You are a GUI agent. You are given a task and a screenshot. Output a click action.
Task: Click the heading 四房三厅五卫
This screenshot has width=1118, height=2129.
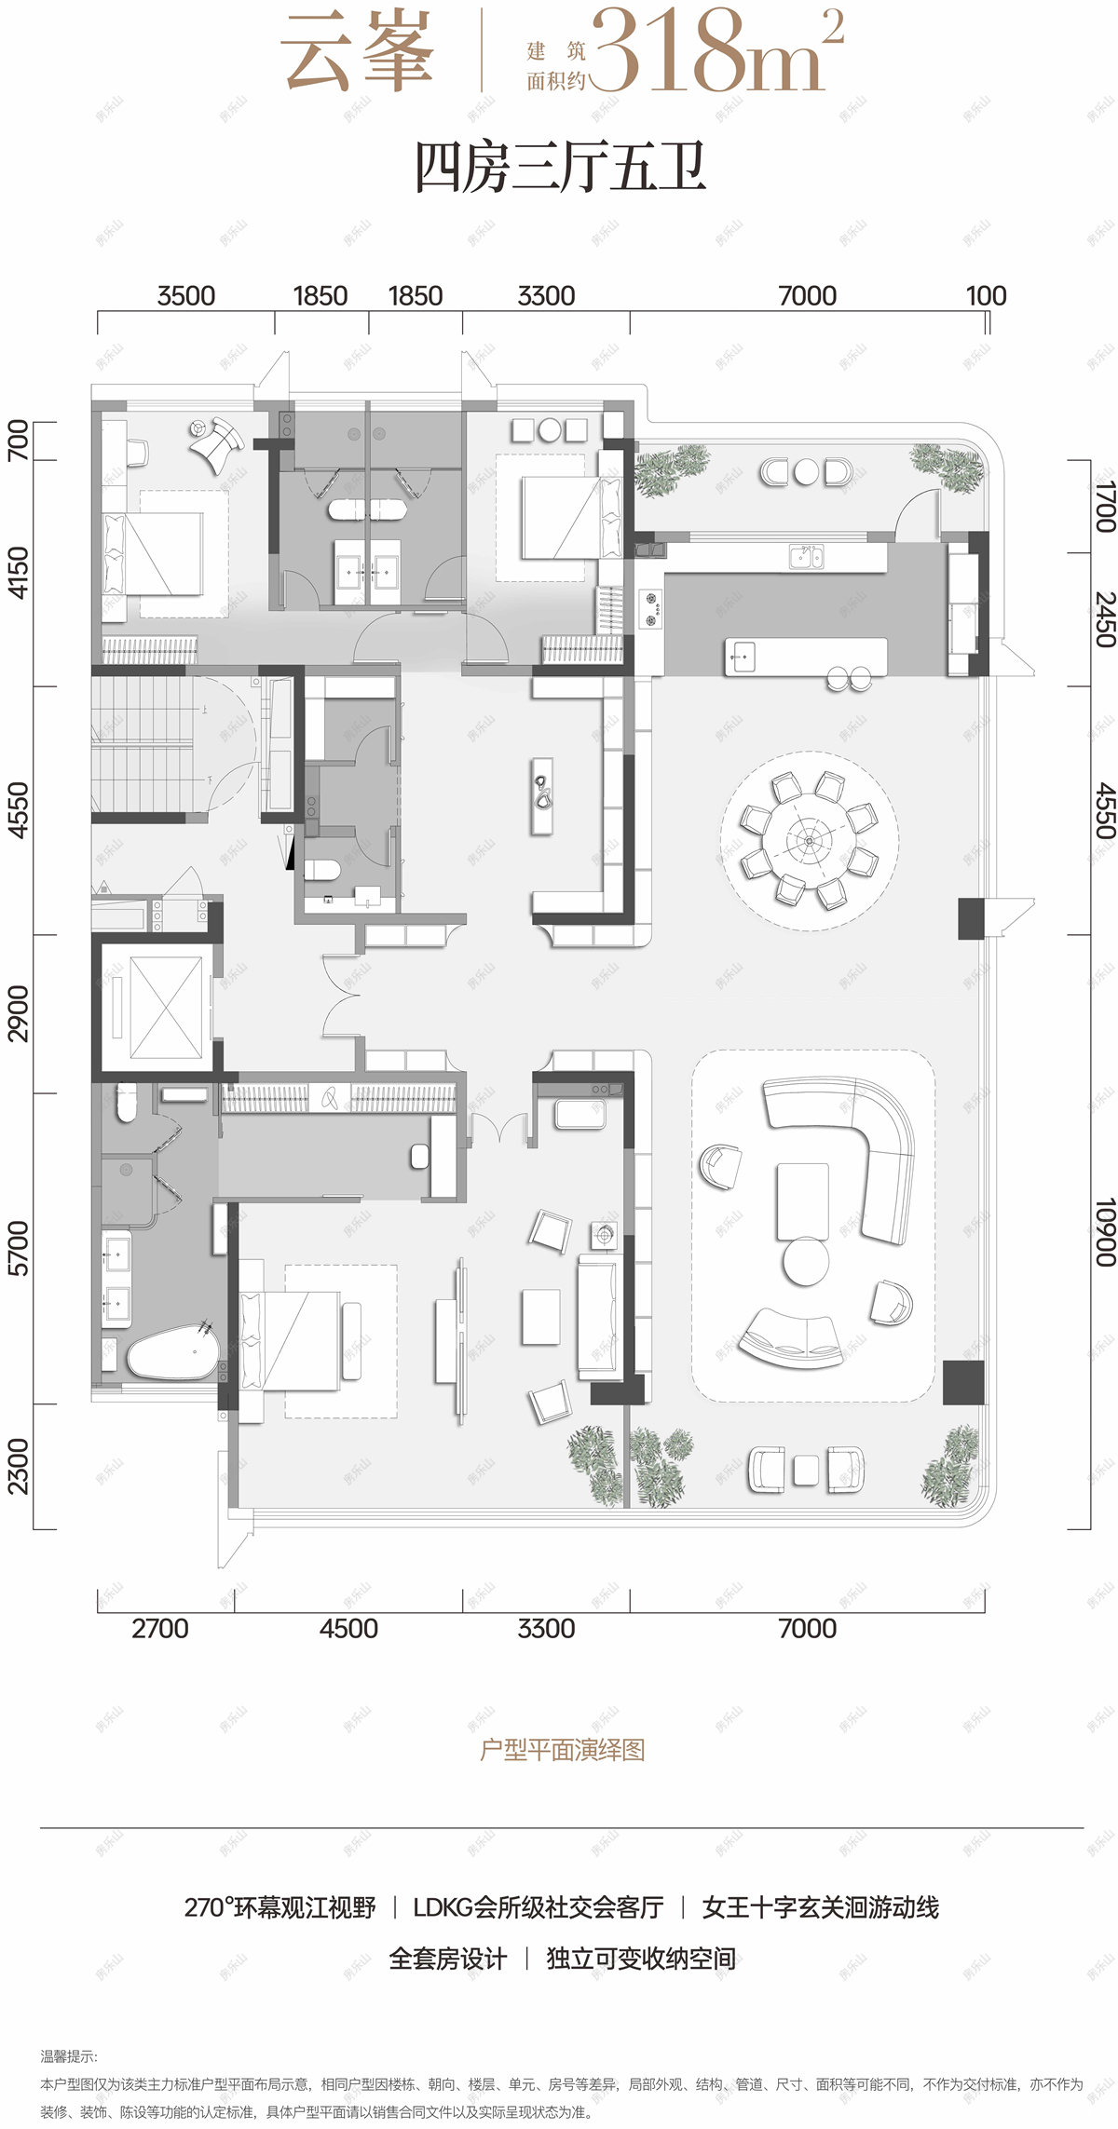[x=560, y=169]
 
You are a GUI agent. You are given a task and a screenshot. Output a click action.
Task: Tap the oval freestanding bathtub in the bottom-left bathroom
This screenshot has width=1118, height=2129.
[x=172, y=1351]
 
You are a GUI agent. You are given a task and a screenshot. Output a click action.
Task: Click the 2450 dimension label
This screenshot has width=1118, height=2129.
[x=1104, y=619]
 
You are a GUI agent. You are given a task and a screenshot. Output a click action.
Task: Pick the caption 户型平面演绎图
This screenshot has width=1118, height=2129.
[x=562, y=1750]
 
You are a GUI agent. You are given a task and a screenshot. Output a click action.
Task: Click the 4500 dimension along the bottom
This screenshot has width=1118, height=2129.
[x=348, y=1628]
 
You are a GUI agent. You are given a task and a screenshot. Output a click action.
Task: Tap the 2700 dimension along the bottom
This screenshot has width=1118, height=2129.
[x=160, y=1628]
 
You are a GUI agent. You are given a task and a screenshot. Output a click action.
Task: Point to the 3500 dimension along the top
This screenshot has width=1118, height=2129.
[x=186, y=296]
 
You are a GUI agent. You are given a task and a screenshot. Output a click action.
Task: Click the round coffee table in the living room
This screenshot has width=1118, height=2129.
[x=806, y=1262]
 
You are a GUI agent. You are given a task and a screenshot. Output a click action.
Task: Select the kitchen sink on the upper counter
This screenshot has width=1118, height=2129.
[x=807, y=557]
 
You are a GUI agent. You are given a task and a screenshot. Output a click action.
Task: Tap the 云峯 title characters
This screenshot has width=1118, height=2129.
[x=358, y=52]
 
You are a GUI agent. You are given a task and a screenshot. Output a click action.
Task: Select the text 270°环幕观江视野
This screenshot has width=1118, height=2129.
[x=280, y=1907]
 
